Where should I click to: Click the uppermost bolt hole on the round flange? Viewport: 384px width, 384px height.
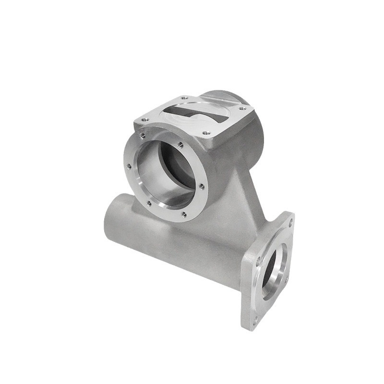click(142, 136)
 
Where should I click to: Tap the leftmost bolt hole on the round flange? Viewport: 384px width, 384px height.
click(129, 167)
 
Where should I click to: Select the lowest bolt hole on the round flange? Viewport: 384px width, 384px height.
click(183, 215)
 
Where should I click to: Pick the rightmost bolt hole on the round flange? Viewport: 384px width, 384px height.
click(202, 187)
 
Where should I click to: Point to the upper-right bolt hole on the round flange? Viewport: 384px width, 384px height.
click(180, 144)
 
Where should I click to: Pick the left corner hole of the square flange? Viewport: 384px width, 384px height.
click(258, 262)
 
